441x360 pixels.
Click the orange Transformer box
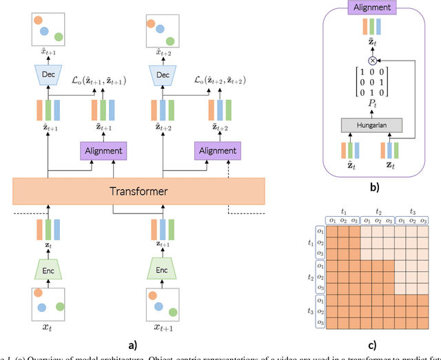[139, 191]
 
